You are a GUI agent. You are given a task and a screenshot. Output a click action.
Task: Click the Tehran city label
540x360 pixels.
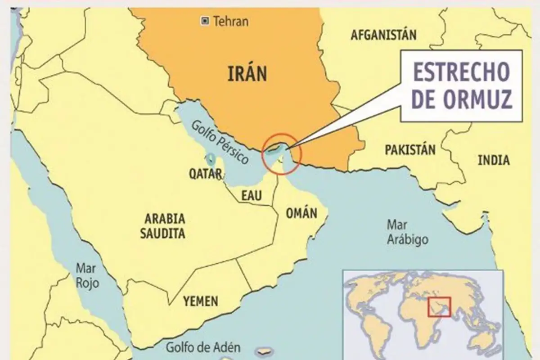pyautogui.click(x=231, y=21)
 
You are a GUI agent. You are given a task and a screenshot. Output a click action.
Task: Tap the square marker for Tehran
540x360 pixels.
pyautogui.click(x=206, y=20)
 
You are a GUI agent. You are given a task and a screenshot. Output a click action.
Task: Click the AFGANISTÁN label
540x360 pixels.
pyautogui.click(x=383, y=35)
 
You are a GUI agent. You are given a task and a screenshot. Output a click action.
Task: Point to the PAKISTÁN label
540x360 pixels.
pyautogui.click(x=410, y=150)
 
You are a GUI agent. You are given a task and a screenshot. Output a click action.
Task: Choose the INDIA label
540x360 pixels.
pyautogui.click(x=494, y=160)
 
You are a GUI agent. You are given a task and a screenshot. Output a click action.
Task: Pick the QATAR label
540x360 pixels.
pyautogui.click(x=205, y=175)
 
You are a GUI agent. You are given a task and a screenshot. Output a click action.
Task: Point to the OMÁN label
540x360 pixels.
pyautogui.click(x=301, y=212)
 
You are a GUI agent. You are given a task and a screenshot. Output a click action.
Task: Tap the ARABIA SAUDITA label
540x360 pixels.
pyautogui.click(x=165, y=226)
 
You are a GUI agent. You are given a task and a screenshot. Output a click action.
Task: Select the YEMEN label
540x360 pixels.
pyautogui.click(x=201, y=301)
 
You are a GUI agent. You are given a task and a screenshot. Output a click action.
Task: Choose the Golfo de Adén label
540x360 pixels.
pyautogui.click(x=203, y=347)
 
